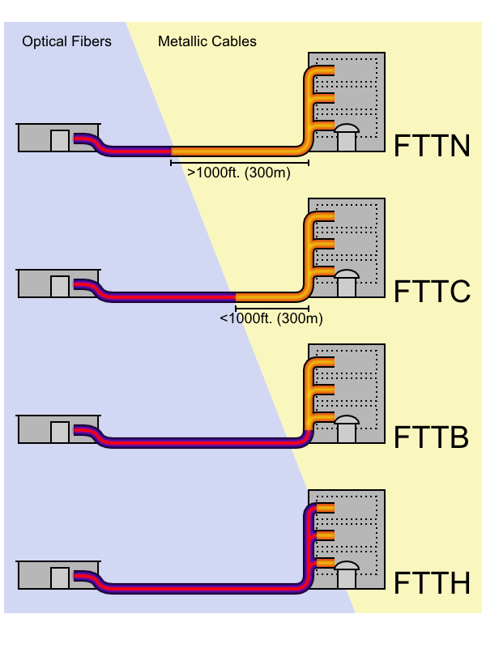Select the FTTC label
[432, 292]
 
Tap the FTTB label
[432, 438]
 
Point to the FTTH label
[432, 584]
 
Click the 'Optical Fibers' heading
[66, 41]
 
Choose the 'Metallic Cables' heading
[207, 41]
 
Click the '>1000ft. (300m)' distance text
[239, 173]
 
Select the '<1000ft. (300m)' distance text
[271, 318]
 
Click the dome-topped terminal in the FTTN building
[347, 137]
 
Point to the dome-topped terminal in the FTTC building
[347, 283]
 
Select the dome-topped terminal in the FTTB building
[347, 428]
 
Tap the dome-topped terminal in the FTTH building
[347, 574]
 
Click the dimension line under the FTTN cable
[239, 163]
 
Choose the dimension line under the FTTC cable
[271, 309]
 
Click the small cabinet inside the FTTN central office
[60, 141]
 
